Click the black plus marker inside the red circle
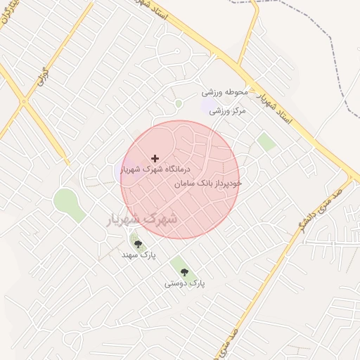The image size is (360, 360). (x=155, y=159)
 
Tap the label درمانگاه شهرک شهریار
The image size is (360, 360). (x=156, y=169)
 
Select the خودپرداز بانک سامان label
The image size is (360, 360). (x=207, y=183)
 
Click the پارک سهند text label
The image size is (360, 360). (x=138, y=254)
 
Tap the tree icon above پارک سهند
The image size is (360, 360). (x=138, y=244)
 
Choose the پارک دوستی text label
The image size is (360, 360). (x=184, y=283)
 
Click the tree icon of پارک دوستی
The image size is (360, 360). (x=184, y=272)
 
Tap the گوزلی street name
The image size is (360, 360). (x=44, y=76)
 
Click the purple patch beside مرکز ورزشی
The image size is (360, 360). (x=209, y=106)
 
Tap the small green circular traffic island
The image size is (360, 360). (x=179, y=104)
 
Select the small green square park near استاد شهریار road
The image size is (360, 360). (x=266, y=142)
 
